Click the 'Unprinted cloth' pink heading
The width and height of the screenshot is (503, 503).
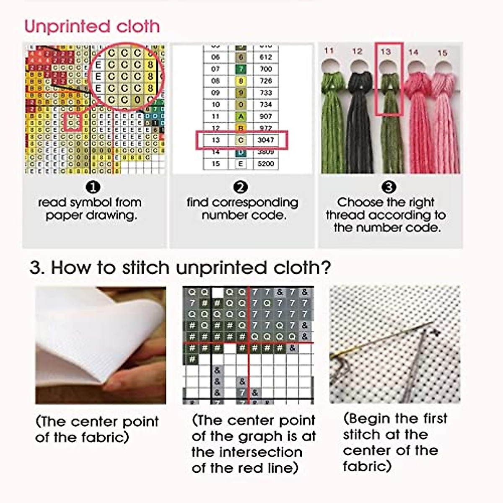(x=92, y=26)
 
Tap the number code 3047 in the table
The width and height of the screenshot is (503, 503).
(x=265, y=140)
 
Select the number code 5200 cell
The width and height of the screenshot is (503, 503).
(x=265, y=163)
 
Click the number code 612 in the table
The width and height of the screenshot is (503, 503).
(x=265, y=57)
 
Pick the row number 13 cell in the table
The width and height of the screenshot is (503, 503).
(x=215, y=140)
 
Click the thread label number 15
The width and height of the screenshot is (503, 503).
(x=442, y=53)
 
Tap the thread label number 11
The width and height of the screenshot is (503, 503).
(x=329, y=51)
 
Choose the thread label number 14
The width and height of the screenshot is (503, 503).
(x=413, y=52)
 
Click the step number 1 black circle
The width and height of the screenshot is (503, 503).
(x=93, y=187)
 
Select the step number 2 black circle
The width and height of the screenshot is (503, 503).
(x=240, y=187)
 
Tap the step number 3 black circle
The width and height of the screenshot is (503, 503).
(x=389, y=187)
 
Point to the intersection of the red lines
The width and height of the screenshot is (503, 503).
(x=249, y=343)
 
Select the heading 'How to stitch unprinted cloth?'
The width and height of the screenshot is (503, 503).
(x=180, y=267)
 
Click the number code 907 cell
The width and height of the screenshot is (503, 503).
(x=265, y=116)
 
